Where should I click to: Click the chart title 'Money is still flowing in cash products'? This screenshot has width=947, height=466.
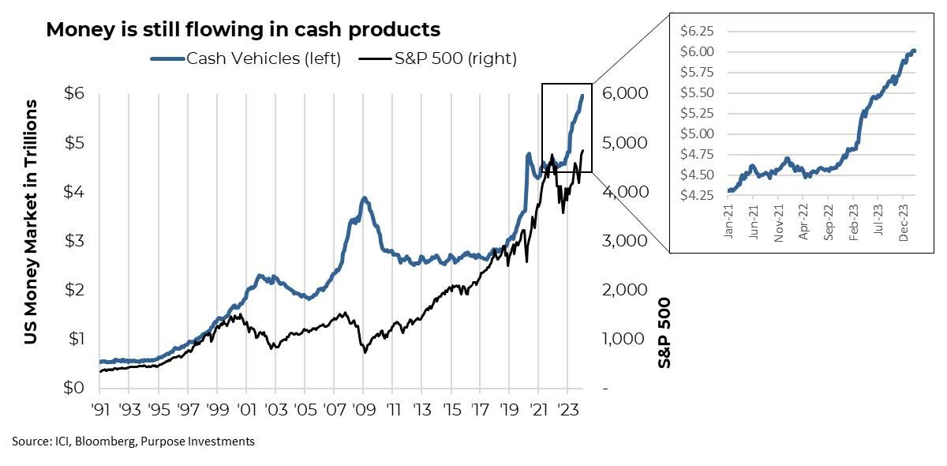pos(243,30)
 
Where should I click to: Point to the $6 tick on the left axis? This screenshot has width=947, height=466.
pos(75,93)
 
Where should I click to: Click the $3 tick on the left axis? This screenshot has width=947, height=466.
pos(75,241)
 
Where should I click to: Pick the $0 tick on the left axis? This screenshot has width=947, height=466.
pos(75,389)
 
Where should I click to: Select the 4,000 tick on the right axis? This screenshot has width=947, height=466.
pos(626,192)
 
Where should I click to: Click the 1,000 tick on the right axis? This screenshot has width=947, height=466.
pos(626,340)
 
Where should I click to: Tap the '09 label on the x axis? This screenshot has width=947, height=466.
pos(363,411)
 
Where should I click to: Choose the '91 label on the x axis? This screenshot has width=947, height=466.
pos(99,411)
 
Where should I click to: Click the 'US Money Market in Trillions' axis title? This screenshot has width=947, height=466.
pos(31,221)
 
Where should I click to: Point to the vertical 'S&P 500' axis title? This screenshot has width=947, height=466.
pos(664,332)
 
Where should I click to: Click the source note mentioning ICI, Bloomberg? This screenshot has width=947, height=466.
pos(133,442)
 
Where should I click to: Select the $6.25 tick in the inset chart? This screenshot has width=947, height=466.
pos(697,32)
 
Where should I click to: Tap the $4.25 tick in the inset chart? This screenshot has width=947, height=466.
pos(697,194)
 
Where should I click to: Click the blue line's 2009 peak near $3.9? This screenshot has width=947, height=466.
pos(364,197)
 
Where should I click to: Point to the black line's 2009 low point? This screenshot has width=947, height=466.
pos(365,351)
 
